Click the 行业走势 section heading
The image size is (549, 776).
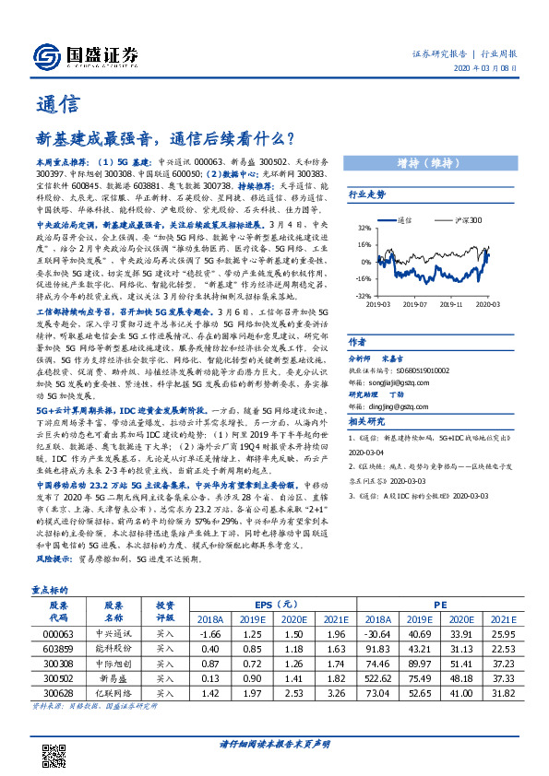point(366,194)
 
